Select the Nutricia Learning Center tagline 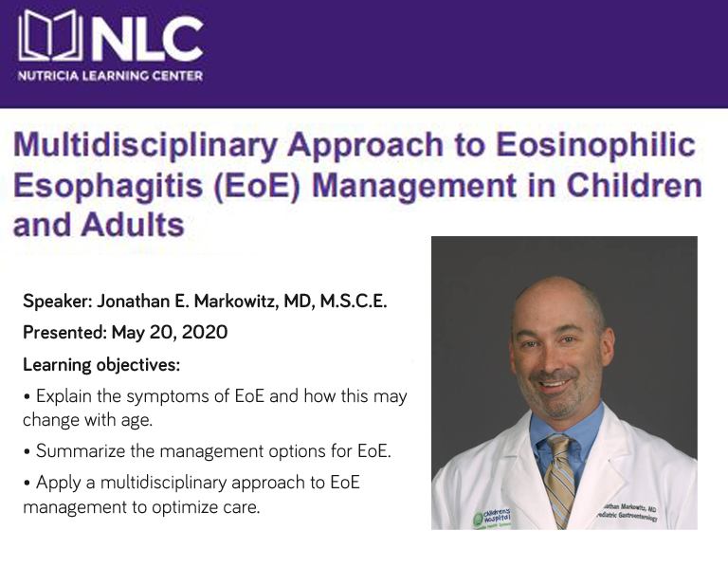(111, 76)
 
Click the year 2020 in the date (207, 333)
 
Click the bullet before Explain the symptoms (27, 396)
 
